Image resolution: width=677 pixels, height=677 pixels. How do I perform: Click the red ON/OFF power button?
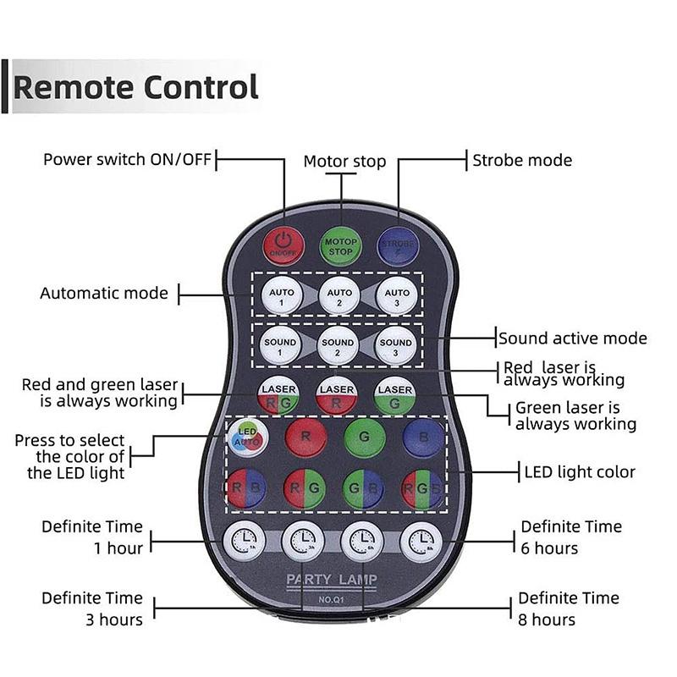pyautogui.click(x=283, y=244)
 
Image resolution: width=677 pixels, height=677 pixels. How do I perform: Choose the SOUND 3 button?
pyautogui.click(x=395, y=346)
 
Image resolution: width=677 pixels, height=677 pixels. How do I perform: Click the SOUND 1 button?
pyautogui.click(x=280, y=346)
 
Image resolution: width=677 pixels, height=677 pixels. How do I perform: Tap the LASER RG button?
pyautogui.click(x=279, y=394)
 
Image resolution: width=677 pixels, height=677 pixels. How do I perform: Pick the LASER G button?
pyautogui.click(x=395, y=394)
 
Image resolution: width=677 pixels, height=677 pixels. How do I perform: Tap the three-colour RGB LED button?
pyautogui.click(x=421, y=489)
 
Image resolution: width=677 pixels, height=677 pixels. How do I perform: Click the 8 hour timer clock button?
pyautogui.click(x=421, y=540)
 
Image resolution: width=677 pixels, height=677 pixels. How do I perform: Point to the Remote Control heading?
pyautogui.click(x=136, y=86)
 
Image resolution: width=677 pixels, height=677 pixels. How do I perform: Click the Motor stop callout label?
pyautogui.click(x=344, y=161)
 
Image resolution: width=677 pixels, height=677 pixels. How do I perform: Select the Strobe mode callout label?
pyautogui.click(x=521, y=159)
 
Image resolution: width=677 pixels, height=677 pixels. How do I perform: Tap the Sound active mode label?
pyautogui.click(x=572, y=338)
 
